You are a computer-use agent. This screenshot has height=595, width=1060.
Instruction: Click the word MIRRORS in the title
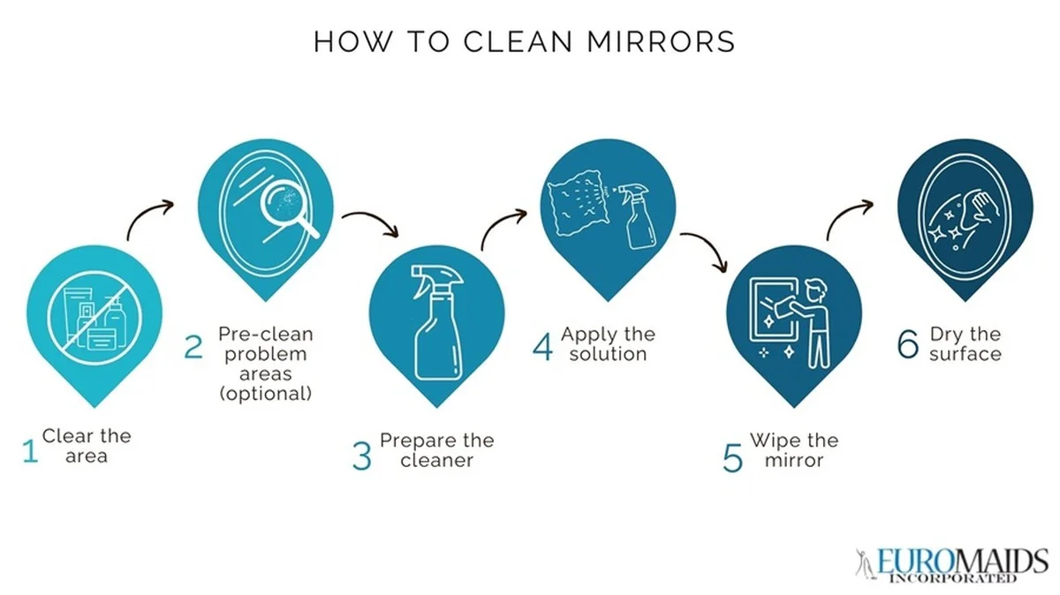tap(661, 41)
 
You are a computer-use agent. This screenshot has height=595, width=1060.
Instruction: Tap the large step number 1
tap(30, 451)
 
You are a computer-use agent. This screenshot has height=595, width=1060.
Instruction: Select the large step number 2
tap(193, 348)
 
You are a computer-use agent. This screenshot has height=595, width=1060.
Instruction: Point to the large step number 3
tap(362, 456)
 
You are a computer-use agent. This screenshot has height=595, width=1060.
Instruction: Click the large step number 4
tap(542, 347)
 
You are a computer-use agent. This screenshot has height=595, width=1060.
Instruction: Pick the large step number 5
tap(732, 458)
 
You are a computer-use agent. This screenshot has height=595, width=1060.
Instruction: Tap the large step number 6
tap(908, 344)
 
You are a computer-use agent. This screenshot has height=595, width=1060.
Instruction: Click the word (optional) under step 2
tap(266, 394)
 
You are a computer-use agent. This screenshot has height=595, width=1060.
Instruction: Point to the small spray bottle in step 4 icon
tap(637, 216)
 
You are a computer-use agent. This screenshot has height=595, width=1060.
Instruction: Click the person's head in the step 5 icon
tap(816, 290)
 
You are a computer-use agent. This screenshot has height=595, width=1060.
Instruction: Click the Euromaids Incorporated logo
tap(951, 565)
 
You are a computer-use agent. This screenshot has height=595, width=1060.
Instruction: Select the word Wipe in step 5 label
tap(769, 441)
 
